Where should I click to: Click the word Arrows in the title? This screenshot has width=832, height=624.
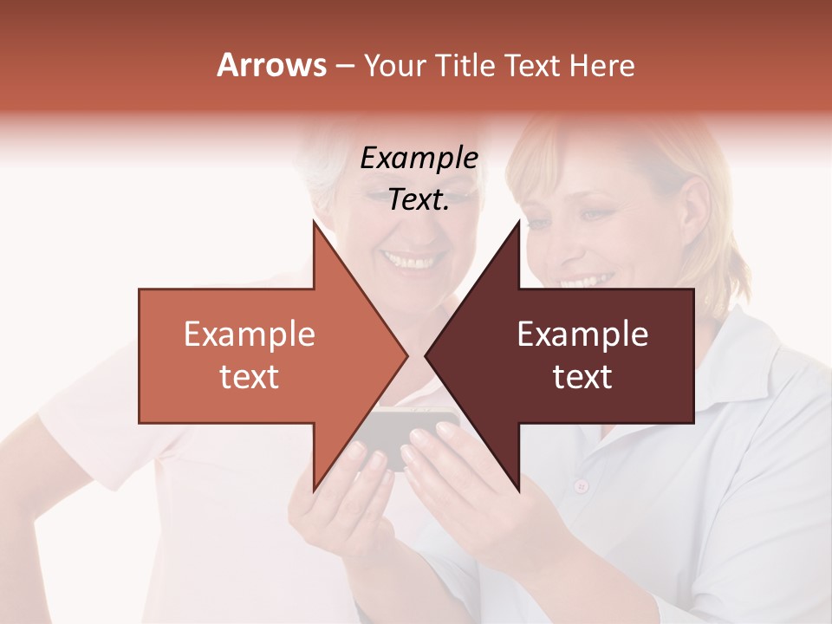click(271, 65)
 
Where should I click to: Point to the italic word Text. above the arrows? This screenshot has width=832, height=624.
click(419, 200)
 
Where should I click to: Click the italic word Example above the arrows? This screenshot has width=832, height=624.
click(419, 159)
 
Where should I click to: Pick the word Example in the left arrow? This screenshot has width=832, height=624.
click(250, 335)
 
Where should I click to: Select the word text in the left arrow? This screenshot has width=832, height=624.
click(250, 377)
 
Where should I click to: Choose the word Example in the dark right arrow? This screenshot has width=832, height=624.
click(582, 335)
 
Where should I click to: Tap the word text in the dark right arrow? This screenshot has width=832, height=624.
click(582, 377)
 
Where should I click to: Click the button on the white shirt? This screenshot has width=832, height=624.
click(581, 485)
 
